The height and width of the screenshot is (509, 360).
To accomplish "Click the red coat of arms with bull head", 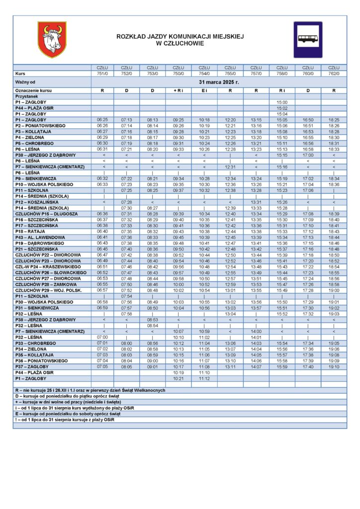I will point(52,39).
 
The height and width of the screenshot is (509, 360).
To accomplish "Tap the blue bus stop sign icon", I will point(307,39).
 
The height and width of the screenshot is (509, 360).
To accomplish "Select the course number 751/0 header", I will point(102,74).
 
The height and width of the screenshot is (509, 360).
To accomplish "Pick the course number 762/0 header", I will point(334,74).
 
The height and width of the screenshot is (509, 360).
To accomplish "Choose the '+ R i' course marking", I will point(178,91).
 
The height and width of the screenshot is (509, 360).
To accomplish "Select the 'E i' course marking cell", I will point(204,91).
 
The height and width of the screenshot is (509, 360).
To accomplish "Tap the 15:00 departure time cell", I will point(282,102).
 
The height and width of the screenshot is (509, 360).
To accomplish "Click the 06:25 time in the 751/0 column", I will point(102,120).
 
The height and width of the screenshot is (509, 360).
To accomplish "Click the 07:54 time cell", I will point(126,296).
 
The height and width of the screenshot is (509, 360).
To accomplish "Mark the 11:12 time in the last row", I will point(204,378).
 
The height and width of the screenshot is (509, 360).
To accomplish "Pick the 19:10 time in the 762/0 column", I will point(334,367).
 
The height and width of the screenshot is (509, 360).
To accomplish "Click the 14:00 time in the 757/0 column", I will point(256,332).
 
